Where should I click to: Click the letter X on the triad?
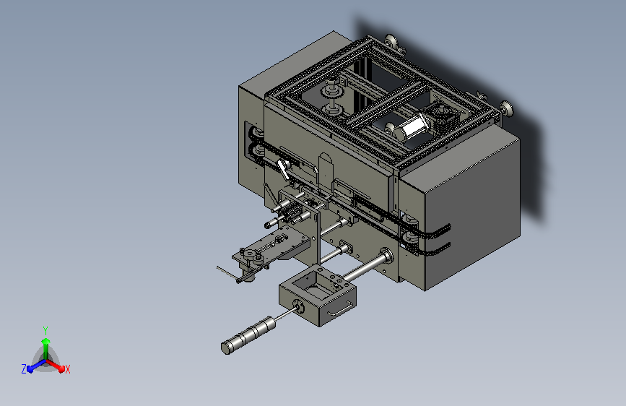tap(67, 369)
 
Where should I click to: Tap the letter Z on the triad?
tap(24, 369)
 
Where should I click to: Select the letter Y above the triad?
tap(45, 331)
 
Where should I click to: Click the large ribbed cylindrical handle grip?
tap(248, 335)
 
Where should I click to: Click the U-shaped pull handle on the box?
tap(341, 308)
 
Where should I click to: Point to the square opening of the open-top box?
tap(312, 285)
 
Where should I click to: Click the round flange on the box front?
tap(298, 307)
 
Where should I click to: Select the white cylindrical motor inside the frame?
tap(412, 126)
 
